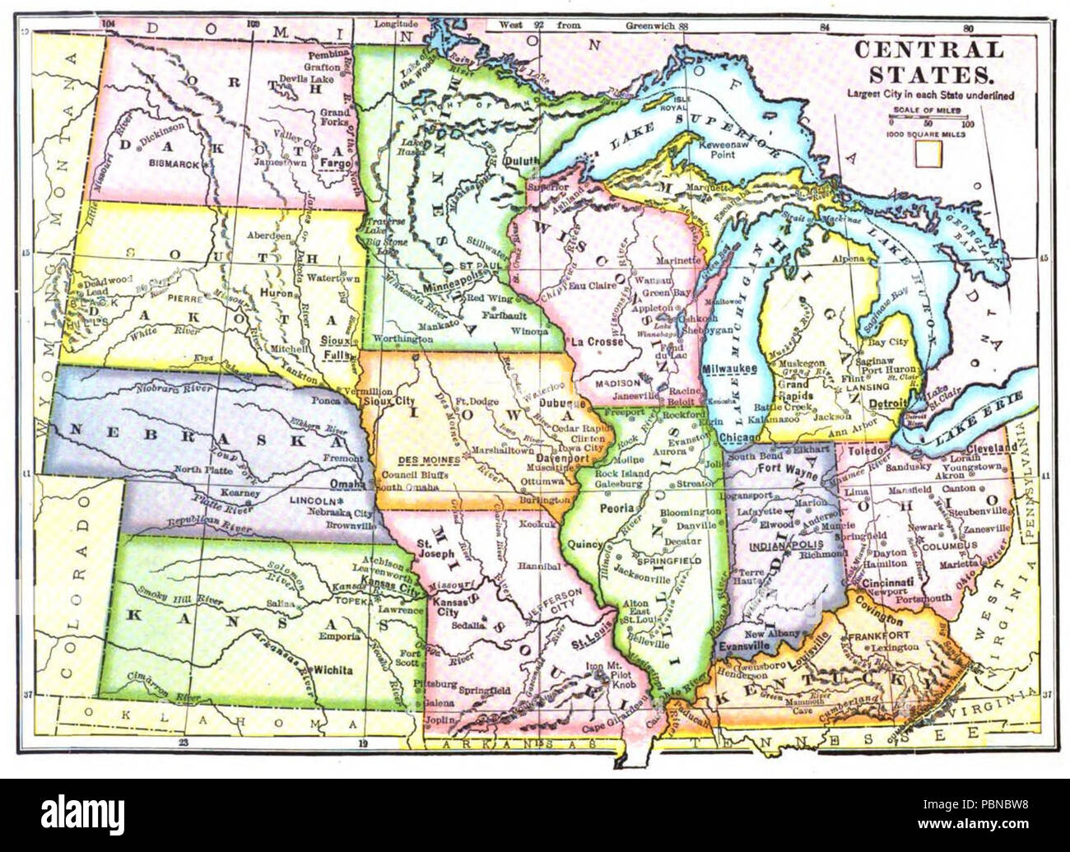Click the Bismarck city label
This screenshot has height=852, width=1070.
pyautogui.click(x=174, y=164)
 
